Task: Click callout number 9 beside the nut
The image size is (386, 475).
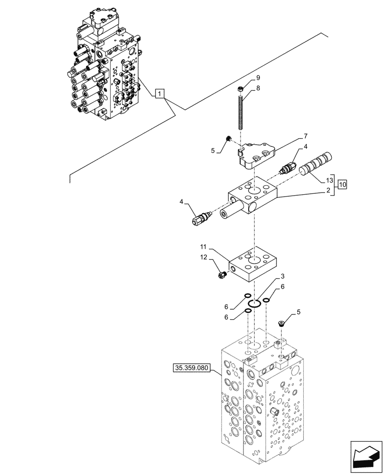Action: coord(258,78)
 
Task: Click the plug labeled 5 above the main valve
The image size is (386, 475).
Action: coord(281,323)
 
